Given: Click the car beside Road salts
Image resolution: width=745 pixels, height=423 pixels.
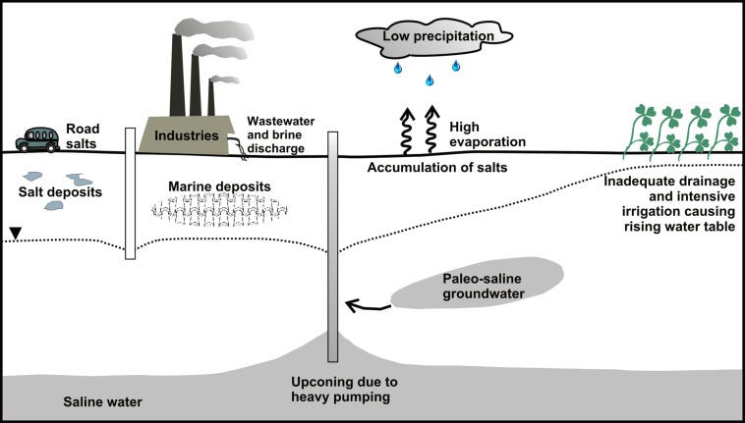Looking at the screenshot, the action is (x=37, y=139).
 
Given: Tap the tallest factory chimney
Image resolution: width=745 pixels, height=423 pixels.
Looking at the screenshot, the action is (x=178, y=75).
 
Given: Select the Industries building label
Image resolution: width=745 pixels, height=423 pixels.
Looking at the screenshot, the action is (x=187, y=136).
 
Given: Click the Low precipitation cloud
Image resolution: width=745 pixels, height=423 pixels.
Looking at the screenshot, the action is (x=433, y=40).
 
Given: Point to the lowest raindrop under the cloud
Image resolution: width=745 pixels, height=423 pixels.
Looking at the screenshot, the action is (x=430, y=80).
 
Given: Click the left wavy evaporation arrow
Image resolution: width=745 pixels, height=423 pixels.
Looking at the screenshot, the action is (x=407, y=131).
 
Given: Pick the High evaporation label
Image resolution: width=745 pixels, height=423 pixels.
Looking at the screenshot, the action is (x=487, y=134).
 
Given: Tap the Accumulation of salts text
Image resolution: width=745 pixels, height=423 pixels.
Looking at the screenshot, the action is (x=437, y=167).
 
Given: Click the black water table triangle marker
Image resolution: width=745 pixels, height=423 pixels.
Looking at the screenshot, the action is (x=16, y=234).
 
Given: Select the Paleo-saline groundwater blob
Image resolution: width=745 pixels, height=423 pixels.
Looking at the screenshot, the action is (x=477, y=283).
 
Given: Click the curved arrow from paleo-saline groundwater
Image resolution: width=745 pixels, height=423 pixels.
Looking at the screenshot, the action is (x=369, y=306).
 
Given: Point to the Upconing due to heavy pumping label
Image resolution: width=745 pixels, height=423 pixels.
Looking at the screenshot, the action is (x=344, y=389).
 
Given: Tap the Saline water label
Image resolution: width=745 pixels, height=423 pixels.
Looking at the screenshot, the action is (x=103, y=402).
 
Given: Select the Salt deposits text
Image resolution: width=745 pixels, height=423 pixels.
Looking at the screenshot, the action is (x=60, y=192).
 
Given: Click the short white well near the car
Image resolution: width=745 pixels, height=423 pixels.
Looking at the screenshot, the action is (x=130, y=193).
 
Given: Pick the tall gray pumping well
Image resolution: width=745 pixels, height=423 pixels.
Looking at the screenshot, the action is (x=333, y=246).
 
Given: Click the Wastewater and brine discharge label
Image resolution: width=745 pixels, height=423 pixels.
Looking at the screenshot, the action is (x=281, y=134).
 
